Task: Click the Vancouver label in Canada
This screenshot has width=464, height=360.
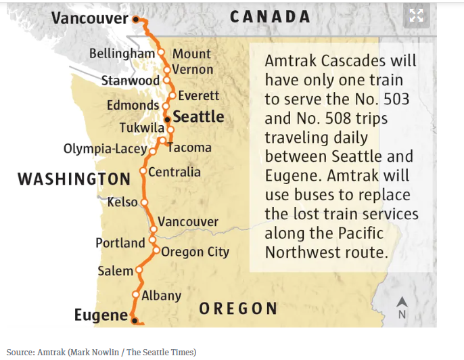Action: coord(89,18)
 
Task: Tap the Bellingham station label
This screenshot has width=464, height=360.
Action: coord(122,53)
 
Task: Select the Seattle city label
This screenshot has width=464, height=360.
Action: coord(198,117)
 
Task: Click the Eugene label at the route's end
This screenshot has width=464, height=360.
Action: coord(100,315)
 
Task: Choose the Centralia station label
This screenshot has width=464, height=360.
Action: coord(175,172)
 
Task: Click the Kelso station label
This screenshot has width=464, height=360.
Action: coord(122,202)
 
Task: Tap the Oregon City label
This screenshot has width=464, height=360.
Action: coord(195,252)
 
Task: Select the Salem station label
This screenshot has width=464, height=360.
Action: coord(115,271)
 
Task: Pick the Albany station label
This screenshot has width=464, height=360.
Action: coord(161,295)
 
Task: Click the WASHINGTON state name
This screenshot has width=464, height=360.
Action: coord(74,179)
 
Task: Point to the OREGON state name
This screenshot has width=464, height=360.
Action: coord(238,309)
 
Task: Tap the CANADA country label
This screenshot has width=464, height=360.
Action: coord(270,17)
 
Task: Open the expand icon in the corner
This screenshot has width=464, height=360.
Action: coord(417,16)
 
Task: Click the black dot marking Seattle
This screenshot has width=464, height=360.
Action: coord(168,118)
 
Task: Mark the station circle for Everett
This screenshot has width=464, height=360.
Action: coord(172,95)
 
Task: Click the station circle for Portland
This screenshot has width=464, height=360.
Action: coord(152,239)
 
